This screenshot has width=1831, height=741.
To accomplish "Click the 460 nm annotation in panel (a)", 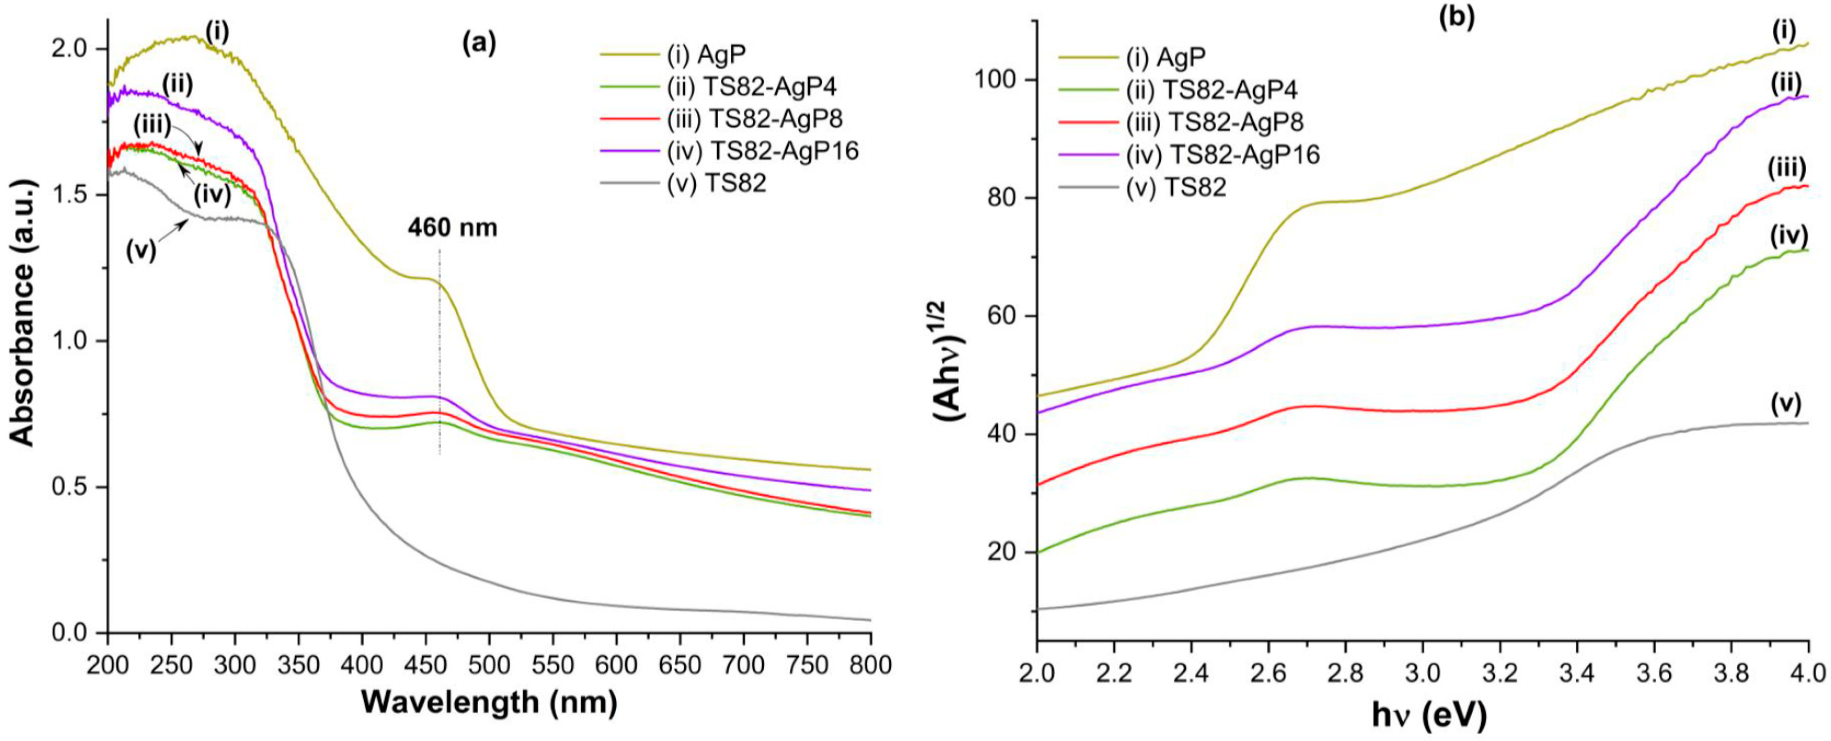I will coord(452,228).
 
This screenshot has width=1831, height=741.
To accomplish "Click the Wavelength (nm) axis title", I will coord(489,703).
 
